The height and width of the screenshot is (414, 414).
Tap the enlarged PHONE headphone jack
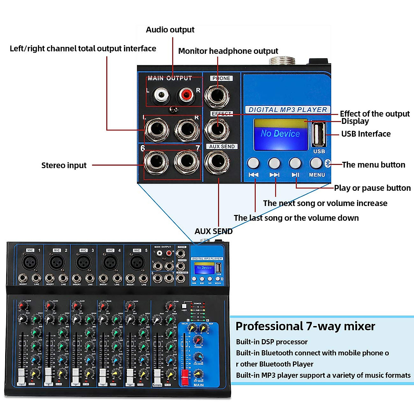[217, 95]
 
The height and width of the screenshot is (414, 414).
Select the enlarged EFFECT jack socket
[217, 129]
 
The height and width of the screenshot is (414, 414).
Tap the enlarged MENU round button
[316, 162]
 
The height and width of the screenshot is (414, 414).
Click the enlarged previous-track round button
[253, 162]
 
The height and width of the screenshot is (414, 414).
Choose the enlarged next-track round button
[274, 162]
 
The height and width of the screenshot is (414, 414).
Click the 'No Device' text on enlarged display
[280, 134]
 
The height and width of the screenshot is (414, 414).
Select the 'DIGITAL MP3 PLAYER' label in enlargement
[287, 110]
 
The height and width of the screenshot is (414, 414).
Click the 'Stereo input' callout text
[64, 166]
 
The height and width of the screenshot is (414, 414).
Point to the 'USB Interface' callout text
[366, 134]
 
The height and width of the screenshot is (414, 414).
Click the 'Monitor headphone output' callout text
[228, 51]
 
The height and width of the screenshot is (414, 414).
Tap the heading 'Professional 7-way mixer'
[305, 326]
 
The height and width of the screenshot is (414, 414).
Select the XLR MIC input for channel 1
[30, 262]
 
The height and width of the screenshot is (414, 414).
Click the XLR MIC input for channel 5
[137, 262]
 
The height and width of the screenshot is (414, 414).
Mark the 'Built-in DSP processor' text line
[272, 342]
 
